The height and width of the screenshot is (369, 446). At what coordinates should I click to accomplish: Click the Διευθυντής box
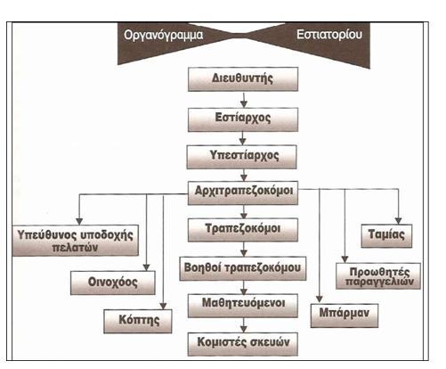(x=243, y=79)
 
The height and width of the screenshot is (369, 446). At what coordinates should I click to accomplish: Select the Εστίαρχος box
(x=243, y=119)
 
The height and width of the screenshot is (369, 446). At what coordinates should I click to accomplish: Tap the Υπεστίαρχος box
(x=241, y=157)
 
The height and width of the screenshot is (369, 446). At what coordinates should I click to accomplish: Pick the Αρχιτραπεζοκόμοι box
(x=243, y=193)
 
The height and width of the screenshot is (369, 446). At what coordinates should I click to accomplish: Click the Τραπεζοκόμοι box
(x=243, y=230)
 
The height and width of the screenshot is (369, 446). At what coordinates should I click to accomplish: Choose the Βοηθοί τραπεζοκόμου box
(x=243, y=268)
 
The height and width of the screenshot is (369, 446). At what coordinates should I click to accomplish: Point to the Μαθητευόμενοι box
(x=243, y=306)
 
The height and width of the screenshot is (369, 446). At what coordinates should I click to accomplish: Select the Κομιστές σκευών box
(x=243, y=344)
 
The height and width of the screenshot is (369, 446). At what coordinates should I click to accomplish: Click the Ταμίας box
(x=386, y=236)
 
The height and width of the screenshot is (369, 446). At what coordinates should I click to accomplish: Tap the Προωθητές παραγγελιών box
(x=378, y=276)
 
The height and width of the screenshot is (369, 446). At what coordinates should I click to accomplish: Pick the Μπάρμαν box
(x=345, y=316)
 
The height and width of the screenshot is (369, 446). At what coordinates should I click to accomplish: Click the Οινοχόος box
(x=113, y=283)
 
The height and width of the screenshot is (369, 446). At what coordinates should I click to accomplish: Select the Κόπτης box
(x=138, y=321)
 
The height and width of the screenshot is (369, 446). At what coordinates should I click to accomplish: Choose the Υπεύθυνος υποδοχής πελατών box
(x=76, y=241)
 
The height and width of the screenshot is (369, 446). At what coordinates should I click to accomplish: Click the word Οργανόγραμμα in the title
(x=164, y=35)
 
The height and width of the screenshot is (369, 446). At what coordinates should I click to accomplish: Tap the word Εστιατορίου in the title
(x=329, y=34)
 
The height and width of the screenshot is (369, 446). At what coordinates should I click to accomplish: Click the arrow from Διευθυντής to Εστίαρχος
(x=244, y=100)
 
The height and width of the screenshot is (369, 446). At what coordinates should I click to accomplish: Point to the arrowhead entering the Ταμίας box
(x=398, y=221)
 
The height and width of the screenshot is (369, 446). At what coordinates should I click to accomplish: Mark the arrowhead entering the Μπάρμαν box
(x=320, y=299)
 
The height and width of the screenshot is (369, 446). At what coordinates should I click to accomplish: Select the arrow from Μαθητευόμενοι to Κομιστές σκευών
(x=244, y=325)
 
